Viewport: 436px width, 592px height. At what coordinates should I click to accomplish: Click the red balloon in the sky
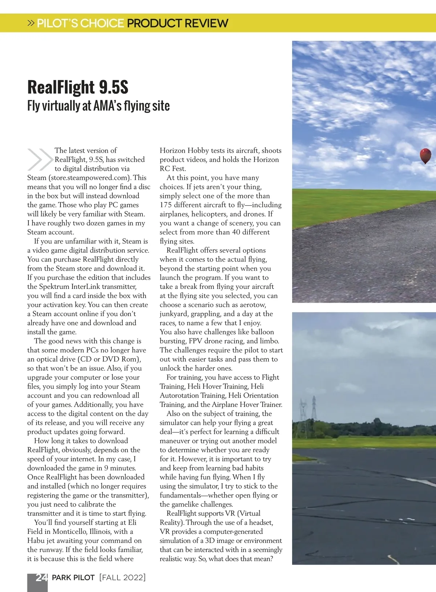(x=425, y=156)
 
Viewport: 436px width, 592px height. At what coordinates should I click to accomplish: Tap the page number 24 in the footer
(x=41, y=577)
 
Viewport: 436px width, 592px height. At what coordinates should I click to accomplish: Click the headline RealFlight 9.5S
(x=78, y=87)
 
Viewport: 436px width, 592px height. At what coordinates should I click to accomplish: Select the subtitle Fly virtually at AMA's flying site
(x=98, y=106)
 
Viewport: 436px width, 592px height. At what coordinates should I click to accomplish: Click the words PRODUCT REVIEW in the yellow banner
(x=177, y=23)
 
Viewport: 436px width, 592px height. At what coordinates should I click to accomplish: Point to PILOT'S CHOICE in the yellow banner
(x=80, y=23)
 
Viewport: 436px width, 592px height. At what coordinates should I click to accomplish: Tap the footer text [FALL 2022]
(x=122, y=577)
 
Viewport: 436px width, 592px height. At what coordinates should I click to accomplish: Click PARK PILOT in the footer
(x=73, y=577)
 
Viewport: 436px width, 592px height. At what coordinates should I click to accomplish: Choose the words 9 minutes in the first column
(x=120, y=468)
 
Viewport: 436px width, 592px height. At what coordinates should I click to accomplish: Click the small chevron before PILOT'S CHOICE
(x=31, y=23)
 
